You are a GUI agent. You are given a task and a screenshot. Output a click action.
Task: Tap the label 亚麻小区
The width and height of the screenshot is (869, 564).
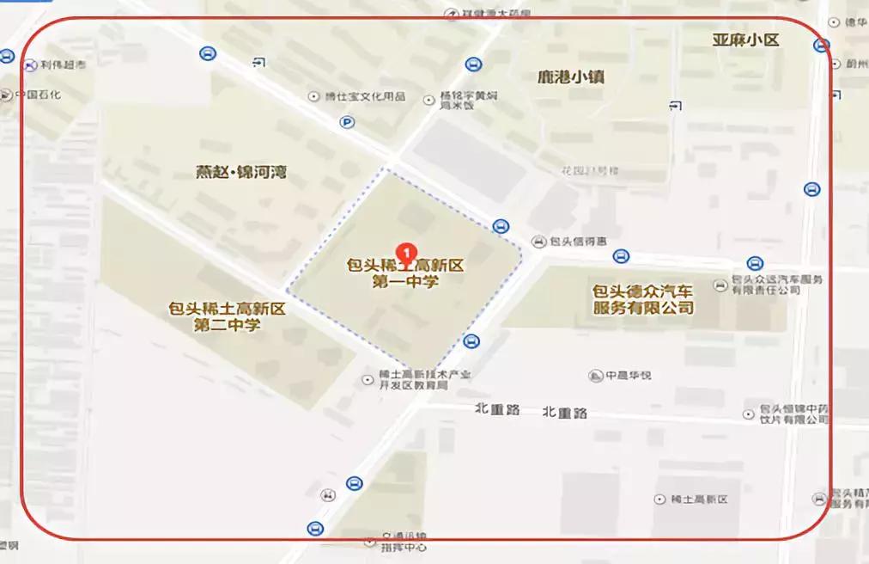pyautogui.click(x=745, y=40)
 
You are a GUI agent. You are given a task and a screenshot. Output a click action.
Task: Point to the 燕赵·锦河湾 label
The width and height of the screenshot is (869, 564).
pyautogui.click(x=241, y=173)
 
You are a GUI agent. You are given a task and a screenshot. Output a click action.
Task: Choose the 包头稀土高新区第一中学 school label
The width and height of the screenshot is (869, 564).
pyautogui.click(x=405, y=273)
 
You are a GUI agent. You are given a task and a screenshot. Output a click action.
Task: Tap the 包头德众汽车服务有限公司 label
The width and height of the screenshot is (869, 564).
pyautogui.click(x=643, y=299)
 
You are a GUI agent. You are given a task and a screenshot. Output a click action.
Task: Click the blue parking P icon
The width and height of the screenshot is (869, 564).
pyautogui.click(x=347, y=122)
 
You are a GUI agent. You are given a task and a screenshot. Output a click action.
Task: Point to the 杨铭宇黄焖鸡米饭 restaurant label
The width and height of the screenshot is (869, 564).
pyautogui.click(x=468, y=101)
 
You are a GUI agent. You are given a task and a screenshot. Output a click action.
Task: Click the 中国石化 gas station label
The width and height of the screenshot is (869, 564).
pyautogui.click(x=38, y=95)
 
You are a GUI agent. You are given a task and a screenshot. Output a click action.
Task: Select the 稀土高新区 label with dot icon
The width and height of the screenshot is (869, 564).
pyautogui.click(x=698, y=500)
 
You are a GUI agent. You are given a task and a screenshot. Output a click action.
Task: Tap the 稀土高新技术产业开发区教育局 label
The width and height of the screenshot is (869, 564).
pyautogui.click(x=419, y=380)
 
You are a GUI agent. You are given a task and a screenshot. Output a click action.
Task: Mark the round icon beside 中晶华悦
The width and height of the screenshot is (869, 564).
pyautogui.click(x=596, y=376)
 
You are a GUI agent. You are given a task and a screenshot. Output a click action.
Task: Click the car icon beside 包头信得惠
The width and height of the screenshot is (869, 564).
pyautogui.click(x=539, y=241)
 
